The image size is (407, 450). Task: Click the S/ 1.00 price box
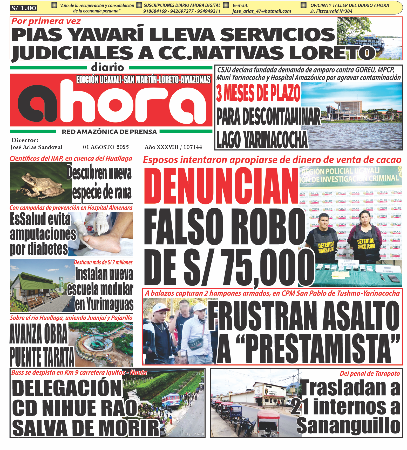coord(24,8)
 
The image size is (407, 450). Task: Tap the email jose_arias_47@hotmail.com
coord(261,11)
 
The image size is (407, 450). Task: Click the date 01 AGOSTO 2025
coord(106,147)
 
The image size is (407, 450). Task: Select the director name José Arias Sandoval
coord(36,147)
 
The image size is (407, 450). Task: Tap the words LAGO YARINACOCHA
coord(262,140)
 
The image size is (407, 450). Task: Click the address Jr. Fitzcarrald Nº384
coord(331,11)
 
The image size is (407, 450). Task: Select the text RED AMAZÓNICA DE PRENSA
coord(109,132)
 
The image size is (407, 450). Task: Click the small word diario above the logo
coord(108,68)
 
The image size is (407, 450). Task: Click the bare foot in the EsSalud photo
coord(101,244)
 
